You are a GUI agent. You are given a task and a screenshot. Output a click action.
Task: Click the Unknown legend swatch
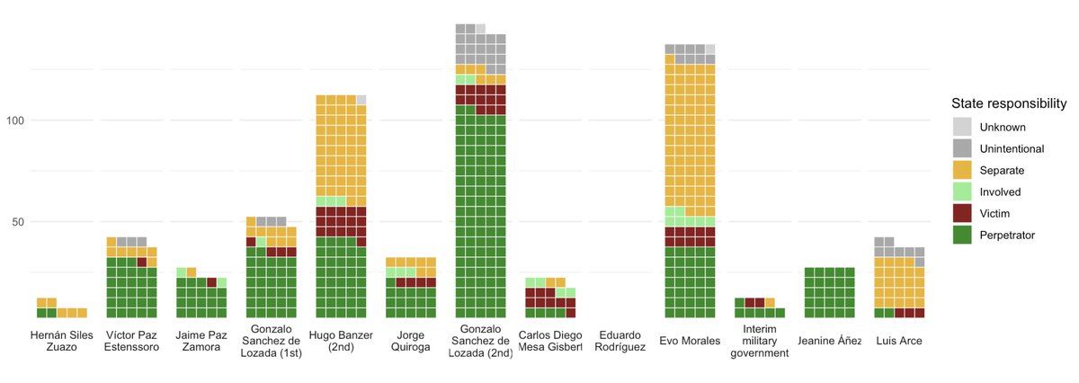pos(962,127)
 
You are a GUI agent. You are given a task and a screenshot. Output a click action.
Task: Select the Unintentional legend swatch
pos(962,148)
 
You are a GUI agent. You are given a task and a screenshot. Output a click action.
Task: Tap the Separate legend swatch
pos(962,170)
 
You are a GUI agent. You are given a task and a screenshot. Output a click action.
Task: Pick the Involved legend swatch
pos(962,191)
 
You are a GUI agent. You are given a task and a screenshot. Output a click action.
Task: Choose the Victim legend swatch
pos(962,213)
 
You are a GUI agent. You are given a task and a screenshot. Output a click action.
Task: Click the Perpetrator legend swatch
pos(962,235)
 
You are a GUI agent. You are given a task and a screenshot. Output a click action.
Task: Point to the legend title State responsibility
pos(1009,103)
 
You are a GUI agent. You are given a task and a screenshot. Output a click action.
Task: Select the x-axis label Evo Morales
pos(689,341)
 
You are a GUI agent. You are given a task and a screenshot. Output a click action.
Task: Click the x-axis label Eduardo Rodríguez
pos(620,341)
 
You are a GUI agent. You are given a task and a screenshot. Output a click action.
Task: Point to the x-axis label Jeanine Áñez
pos(829,341)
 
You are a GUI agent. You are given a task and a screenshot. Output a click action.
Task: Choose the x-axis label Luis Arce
pos(899,341)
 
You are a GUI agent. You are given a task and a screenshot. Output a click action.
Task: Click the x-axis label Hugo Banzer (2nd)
pos(341,341)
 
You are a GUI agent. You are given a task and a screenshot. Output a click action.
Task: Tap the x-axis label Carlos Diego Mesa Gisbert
pos(549,341)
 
